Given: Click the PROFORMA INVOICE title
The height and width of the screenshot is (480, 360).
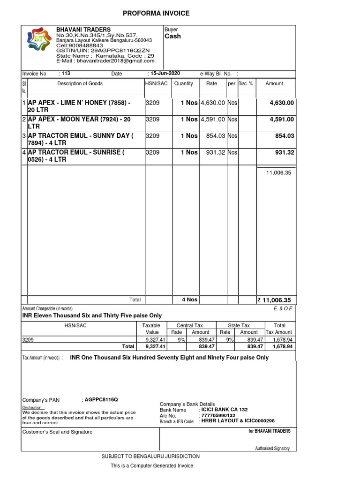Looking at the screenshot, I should tap(156, 13).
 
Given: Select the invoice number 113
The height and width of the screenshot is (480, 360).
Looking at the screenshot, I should tap(66, 74).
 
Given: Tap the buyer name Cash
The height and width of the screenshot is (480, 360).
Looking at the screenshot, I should tap(172, 36).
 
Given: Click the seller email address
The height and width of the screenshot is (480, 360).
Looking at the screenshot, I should tap(105, 61).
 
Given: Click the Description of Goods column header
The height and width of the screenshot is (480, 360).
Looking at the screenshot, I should tap(80, 83).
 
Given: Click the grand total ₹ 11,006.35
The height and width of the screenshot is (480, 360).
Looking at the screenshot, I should tap(274, 300).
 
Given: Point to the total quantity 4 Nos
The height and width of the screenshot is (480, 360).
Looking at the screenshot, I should tap(190, 300).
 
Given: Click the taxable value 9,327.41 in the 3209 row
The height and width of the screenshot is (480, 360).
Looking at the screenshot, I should tap(156, 339).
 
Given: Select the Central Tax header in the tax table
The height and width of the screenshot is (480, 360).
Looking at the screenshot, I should tap(189, 325).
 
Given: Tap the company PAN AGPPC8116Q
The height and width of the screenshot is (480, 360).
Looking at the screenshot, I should tap(101, 400).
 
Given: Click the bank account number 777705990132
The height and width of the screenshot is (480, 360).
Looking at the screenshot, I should tap(218, 415).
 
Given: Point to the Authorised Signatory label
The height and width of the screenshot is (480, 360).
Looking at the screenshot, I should tap(272, 449).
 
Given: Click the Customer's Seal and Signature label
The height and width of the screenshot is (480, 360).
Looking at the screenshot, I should tap(57, 432).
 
